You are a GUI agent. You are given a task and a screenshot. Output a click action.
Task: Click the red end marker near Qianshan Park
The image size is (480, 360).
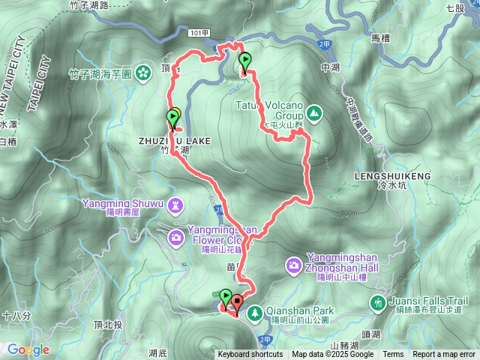pos(238,303)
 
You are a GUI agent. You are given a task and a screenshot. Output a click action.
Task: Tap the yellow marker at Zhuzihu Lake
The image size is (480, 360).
pos(175,115)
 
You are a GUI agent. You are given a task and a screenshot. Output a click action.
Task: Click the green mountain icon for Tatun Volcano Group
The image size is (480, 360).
pos(313,114)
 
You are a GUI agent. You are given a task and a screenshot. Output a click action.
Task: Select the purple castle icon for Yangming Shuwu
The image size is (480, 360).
pos(176,204)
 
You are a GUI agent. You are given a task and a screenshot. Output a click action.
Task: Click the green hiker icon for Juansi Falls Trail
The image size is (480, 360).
pos(378,302)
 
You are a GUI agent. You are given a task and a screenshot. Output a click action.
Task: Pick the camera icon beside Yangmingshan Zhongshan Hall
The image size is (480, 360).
pos(293,265)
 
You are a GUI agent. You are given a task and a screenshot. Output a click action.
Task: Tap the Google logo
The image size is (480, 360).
pos(28,349)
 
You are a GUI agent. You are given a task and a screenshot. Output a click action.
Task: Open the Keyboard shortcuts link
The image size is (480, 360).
pos(250,355)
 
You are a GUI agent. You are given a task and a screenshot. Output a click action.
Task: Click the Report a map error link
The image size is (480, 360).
pos(444,355)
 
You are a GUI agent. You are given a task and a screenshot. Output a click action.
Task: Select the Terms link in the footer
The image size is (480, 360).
pos(393,355)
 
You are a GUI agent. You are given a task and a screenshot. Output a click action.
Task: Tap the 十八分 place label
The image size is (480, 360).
pos(16,316)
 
